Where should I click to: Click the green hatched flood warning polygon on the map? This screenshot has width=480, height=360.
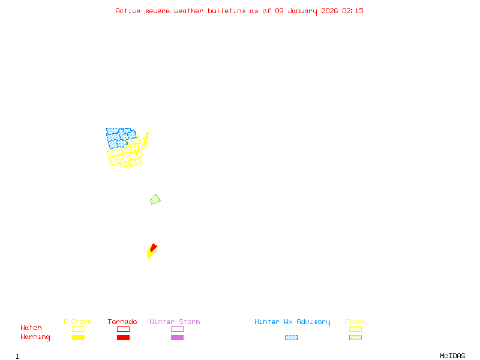pyautogui.click(x=155, y=199)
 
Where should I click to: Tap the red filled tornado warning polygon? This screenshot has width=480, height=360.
pyautogui.click(x=154, y=247)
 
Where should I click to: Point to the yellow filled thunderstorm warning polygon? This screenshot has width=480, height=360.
pyautogui.click(x=150, y=254)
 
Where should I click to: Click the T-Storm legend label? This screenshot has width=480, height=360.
pyautogui.click(x=77, y=322)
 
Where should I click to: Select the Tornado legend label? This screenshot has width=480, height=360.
pyautogui.click(x=122, y=322)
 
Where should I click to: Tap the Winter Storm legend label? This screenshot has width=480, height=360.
pyautogui.click(x=175, y=322)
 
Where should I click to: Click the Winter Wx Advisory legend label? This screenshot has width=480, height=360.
pyautogui.click(x=292, y=322)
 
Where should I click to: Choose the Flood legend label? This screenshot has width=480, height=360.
pyautogui.click(x=355, y=322)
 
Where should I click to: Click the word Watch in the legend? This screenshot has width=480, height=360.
pyautogui.click(x=31, y=328)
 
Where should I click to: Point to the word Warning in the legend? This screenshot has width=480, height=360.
pyautogui.click(x=35, y=337)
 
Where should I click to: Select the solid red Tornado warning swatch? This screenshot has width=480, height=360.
pyautogui.click(x=123, y=337)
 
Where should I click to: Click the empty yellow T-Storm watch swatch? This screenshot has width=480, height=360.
pyautogui.click(x=78, y=329)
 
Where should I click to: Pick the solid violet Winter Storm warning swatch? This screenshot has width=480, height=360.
pyautogui.click(x=177, y=337)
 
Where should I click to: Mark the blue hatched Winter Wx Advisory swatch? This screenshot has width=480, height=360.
pyautogui.click(x=291, y=337)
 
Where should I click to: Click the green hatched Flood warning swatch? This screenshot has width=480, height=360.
pyautogui.click(x=355, y=337)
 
